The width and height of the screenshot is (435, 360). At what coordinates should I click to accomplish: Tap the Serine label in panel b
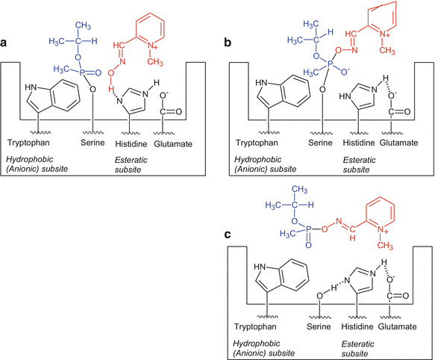(x=313, y=141)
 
